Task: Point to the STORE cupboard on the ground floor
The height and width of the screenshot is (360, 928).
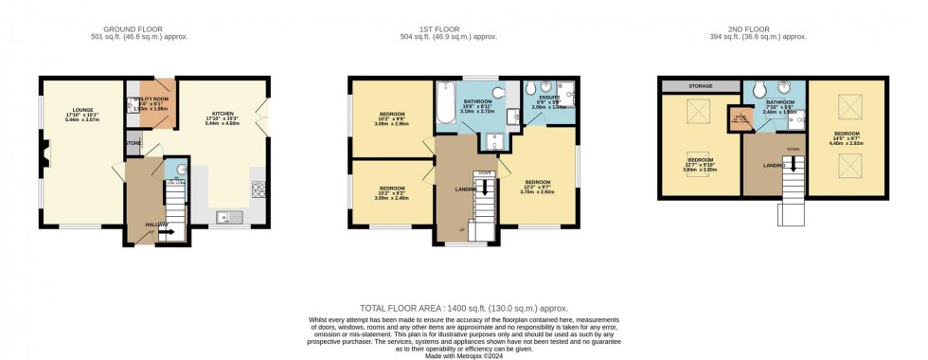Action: pyautogui.click(x=132, y=144)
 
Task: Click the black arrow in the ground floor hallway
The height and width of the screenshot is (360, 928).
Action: pyautogui.click(x=165, y=230)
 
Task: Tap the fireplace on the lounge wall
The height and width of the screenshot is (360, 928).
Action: pyautogui.click(x=42, y=149)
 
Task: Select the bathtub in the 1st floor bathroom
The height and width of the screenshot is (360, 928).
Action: pyautogui.click(x=445, y=103)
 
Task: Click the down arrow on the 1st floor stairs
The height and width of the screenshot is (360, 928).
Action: pyautogui.click(x=485, y=187)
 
